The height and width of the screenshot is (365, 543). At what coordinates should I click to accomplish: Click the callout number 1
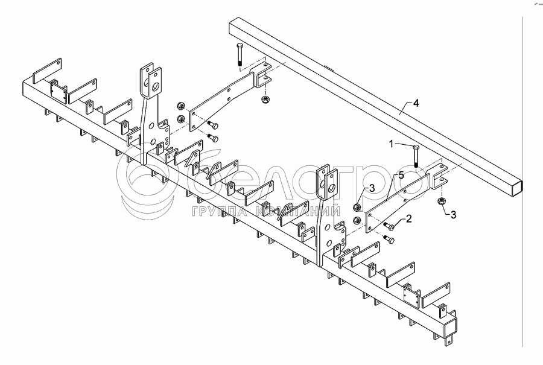(x=391, y=144)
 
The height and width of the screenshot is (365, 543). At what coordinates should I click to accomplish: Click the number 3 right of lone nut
(x=453, y=214)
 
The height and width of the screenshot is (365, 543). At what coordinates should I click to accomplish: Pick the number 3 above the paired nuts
(x=372, y=189)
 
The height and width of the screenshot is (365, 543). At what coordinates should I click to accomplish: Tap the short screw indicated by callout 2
(x=389, y=227)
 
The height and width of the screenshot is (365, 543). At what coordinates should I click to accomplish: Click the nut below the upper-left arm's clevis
(x=265, y=99)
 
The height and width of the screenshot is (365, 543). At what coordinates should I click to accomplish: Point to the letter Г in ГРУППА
(x=196, y=211)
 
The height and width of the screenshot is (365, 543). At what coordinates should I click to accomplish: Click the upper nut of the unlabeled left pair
(x=180, y=106)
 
